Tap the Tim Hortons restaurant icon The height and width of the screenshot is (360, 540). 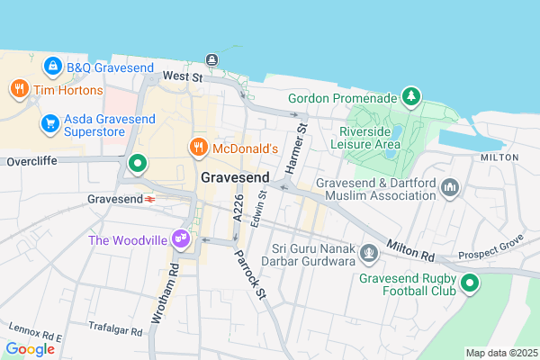[18, 89]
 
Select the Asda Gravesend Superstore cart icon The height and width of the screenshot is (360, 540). [50, 123]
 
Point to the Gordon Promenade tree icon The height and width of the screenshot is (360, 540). [410, 95]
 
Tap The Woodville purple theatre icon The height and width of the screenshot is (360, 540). [181, 239]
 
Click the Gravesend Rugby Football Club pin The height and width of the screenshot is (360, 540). [469, 284]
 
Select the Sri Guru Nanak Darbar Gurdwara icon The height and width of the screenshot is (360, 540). [368, 255]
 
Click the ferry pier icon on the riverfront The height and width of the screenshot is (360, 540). [211, 59]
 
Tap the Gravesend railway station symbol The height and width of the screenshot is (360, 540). [150, 198]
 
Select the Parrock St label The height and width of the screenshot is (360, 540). [250, 268]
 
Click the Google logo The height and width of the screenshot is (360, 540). [31, 348]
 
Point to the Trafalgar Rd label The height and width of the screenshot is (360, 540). [117, 330]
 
